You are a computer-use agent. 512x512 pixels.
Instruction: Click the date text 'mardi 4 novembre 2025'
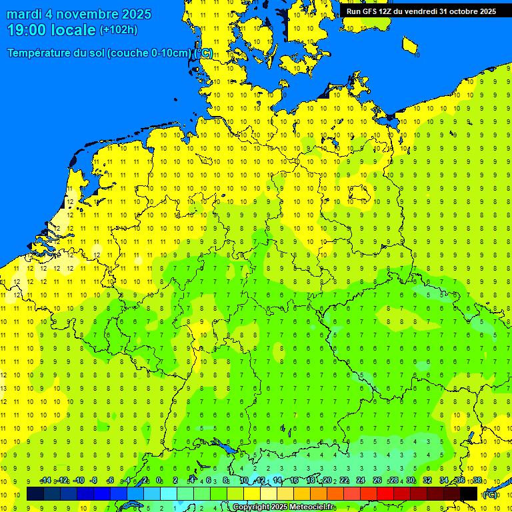[x=79, y=14]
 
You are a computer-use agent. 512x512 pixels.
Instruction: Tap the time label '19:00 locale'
[x=51, y=30]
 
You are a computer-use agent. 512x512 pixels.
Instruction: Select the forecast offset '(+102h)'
[x=118, y=30]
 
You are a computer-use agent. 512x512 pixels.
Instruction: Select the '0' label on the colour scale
[x=159, y=481]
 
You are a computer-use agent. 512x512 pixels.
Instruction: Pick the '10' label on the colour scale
[x=243, y=481]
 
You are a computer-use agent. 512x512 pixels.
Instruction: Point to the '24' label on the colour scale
[x=361, y=481]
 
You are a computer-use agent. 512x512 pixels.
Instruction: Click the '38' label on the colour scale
[x=477, y=481]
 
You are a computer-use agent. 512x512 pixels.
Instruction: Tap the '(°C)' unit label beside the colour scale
[x=490, y=495]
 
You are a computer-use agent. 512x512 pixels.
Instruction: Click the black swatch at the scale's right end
[x=469, y=494]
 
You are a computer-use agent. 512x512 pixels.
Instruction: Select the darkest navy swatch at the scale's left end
[x=35, y=494]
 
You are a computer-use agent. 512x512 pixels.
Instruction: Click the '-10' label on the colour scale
[x=78, y=481]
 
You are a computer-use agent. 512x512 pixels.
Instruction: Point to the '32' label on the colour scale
[x=427, y=481]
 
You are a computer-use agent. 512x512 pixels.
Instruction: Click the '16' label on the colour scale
[x=294, y=481]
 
